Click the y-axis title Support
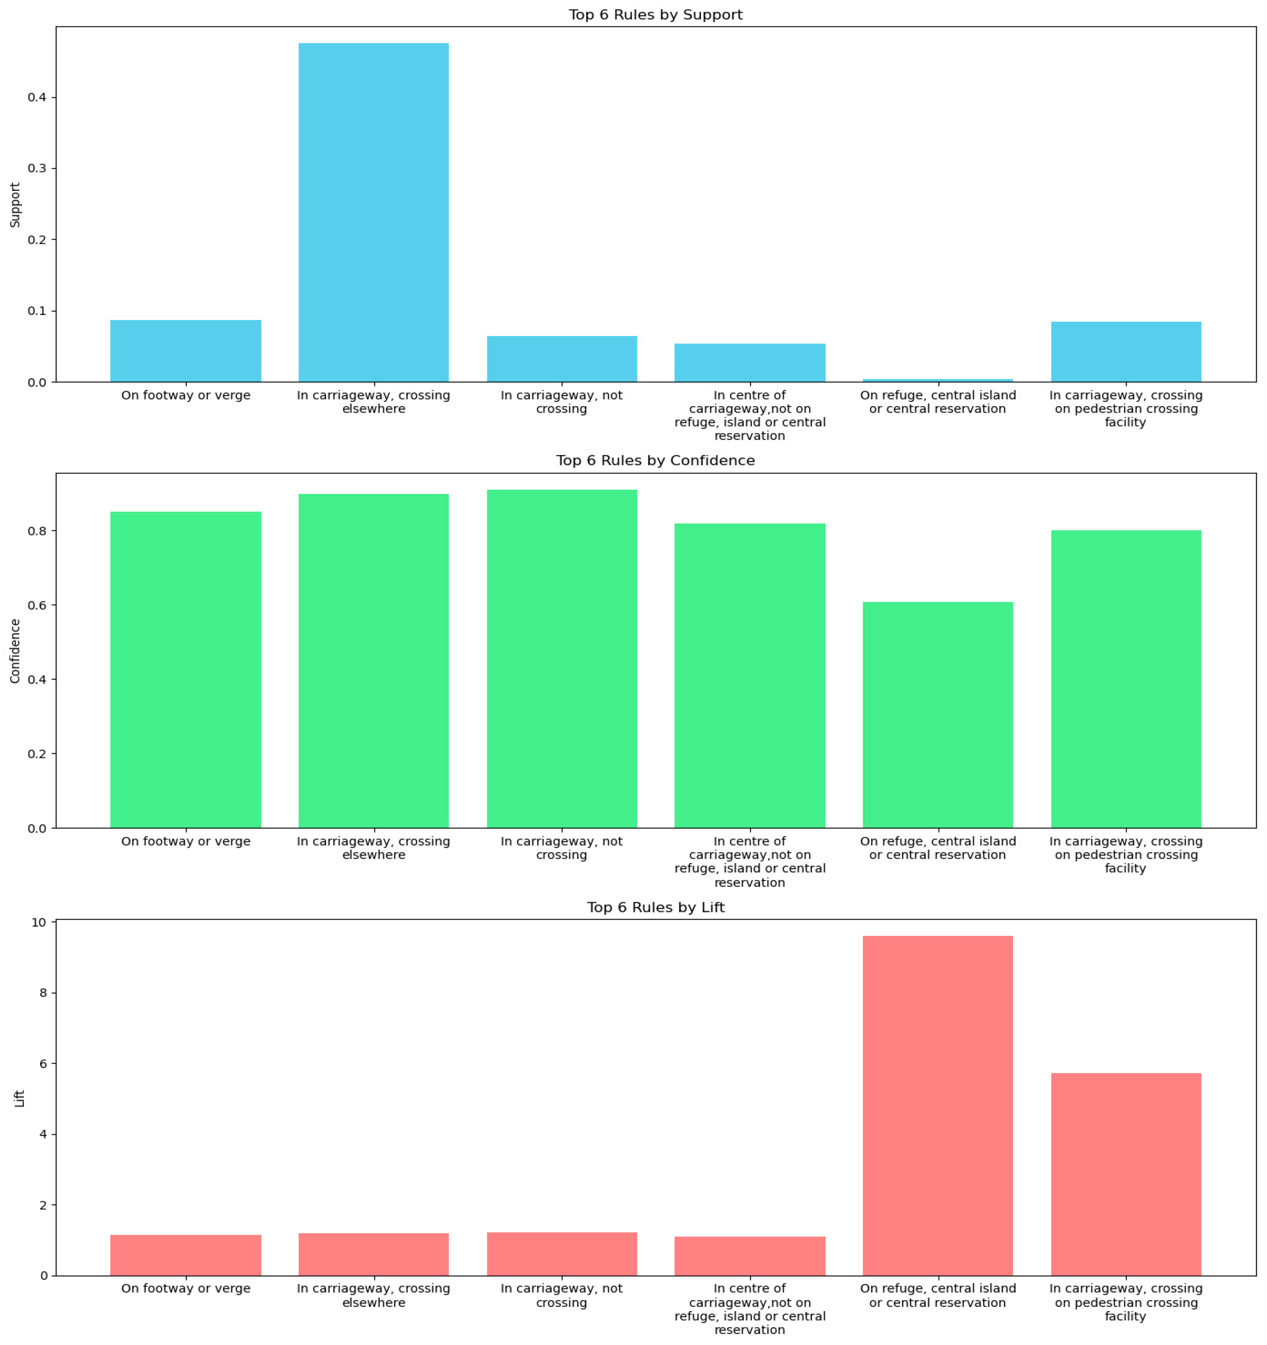click(15, 204)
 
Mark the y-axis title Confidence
click(15, 651)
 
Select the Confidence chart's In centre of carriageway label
click(750, 862)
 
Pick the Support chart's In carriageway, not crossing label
click(561, 402)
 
